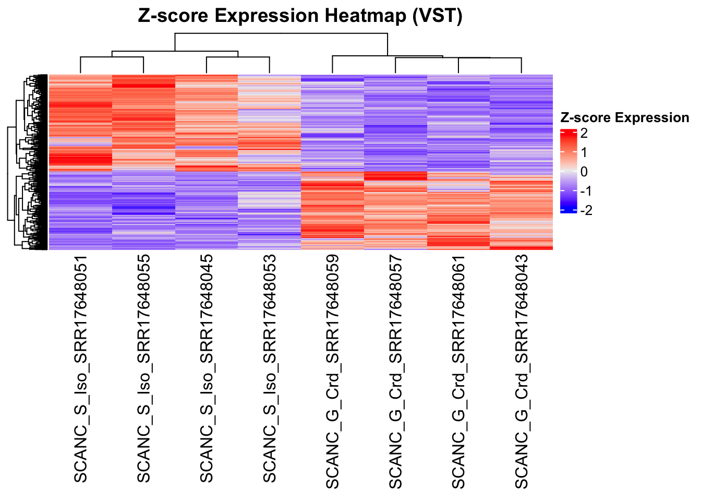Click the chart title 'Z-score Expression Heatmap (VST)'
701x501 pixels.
point(300,16)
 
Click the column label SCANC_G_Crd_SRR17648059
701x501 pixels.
point(333,372)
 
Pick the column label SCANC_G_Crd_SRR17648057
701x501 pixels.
point(396,372)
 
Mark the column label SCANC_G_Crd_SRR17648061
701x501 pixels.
point(458,372)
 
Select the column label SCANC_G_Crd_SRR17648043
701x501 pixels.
point(522,372)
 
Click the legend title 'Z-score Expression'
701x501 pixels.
point(624,118)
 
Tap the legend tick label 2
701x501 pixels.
point(584,133)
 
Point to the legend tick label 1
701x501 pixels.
point(584,152)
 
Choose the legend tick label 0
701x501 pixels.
point(584,172)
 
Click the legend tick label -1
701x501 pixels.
point(586,191)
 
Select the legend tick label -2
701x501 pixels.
point(586,210)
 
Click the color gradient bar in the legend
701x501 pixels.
point(568,171)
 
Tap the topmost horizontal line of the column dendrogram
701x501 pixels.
point(282,33)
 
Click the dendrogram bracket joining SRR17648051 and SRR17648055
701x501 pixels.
point(112,57)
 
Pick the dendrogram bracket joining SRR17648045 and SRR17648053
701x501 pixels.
point(238,57)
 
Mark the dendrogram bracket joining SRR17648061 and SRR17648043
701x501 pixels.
point(490,57)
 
